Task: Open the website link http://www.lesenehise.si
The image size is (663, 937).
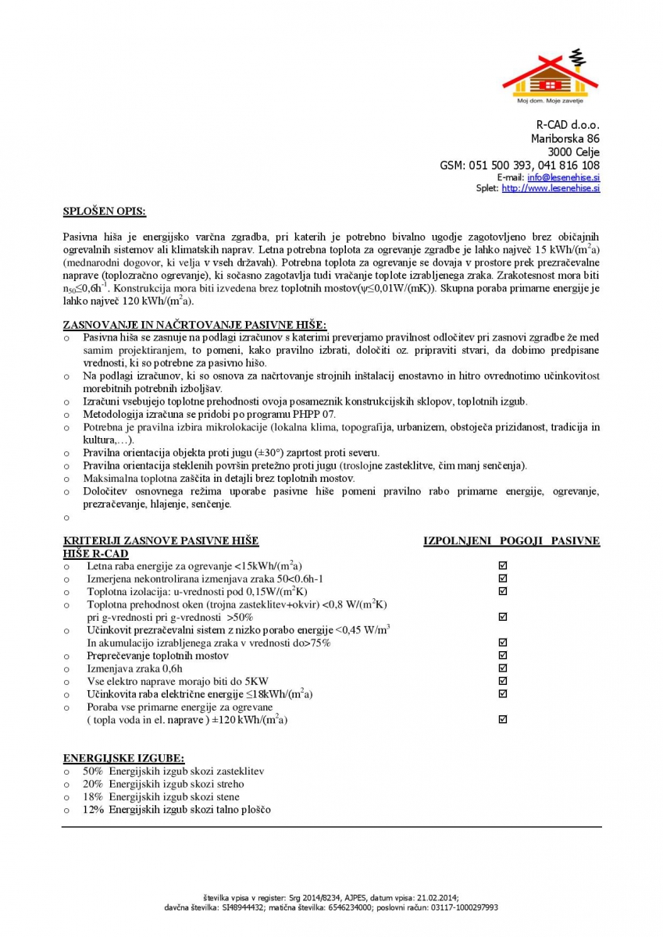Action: (x=551, y=188)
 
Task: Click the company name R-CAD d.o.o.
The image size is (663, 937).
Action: (x=568, y=125)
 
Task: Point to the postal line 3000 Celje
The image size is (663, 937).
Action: (x=574, y=151)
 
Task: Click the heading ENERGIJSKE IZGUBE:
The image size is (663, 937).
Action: (x=123, y=758)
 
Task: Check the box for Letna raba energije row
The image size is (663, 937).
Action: (x=503, y=565)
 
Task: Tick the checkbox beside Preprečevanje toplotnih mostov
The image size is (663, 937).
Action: (x=503, y=655)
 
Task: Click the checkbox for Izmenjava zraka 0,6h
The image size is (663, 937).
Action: (x=503, y=668)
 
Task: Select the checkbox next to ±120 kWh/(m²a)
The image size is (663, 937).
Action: (x=503, y=719)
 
